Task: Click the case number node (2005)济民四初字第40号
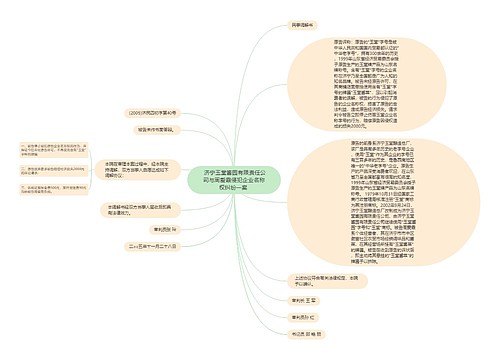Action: pos(149,112)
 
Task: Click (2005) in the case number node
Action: pos(133,112)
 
